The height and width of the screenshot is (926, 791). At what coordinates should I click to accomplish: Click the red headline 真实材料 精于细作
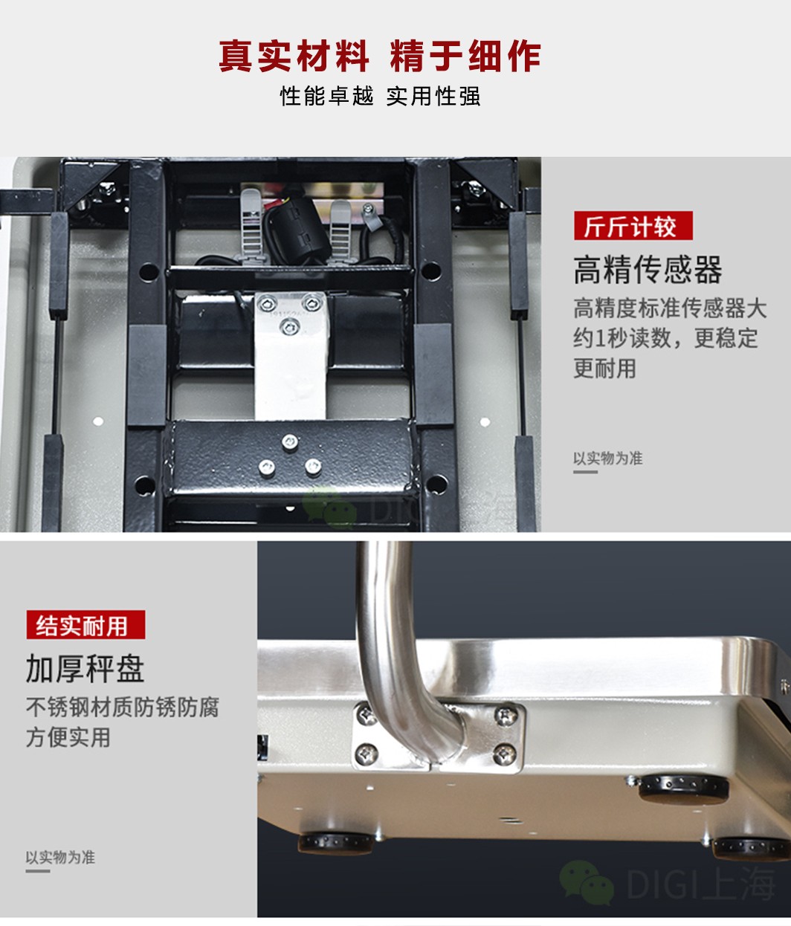[380, 56]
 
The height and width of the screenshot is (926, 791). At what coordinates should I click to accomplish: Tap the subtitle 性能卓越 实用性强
[380, 97]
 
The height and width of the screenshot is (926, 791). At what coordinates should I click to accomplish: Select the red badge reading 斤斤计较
[633, 226]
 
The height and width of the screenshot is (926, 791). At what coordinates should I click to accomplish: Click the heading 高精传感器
[648, 270]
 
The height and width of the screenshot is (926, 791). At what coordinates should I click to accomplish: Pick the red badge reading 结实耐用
[85, 624]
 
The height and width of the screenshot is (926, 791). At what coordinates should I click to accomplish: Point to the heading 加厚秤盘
[85, 668]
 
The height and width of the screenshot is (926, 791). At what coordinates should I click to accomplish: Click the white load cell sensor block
[291, 356]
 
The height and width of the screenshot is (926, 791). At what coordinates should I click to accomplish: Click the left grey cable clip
[251, 225]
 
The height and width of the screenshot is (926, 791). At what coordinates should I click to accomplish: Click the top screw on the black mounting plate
[290, 442]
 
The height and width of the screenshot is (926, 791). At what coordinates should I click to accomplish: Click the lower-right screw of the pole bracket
[504, 754]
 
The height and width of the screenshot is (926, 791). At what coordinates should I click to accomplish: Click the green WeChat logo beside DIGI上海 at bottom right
[587, 882]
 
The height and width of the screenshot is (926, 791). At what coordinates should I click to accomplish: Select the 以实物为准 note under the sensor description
[607, 459]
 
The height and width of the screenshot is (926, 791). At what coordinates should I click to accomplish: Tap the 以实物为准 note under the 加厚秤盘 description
[60, 857]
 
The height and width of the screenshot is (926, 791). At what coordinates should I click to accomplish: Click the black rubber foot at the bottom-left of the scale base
[336, 843]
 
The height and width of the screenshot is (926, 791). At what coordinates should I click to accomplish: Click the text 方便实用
[68, 737]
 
